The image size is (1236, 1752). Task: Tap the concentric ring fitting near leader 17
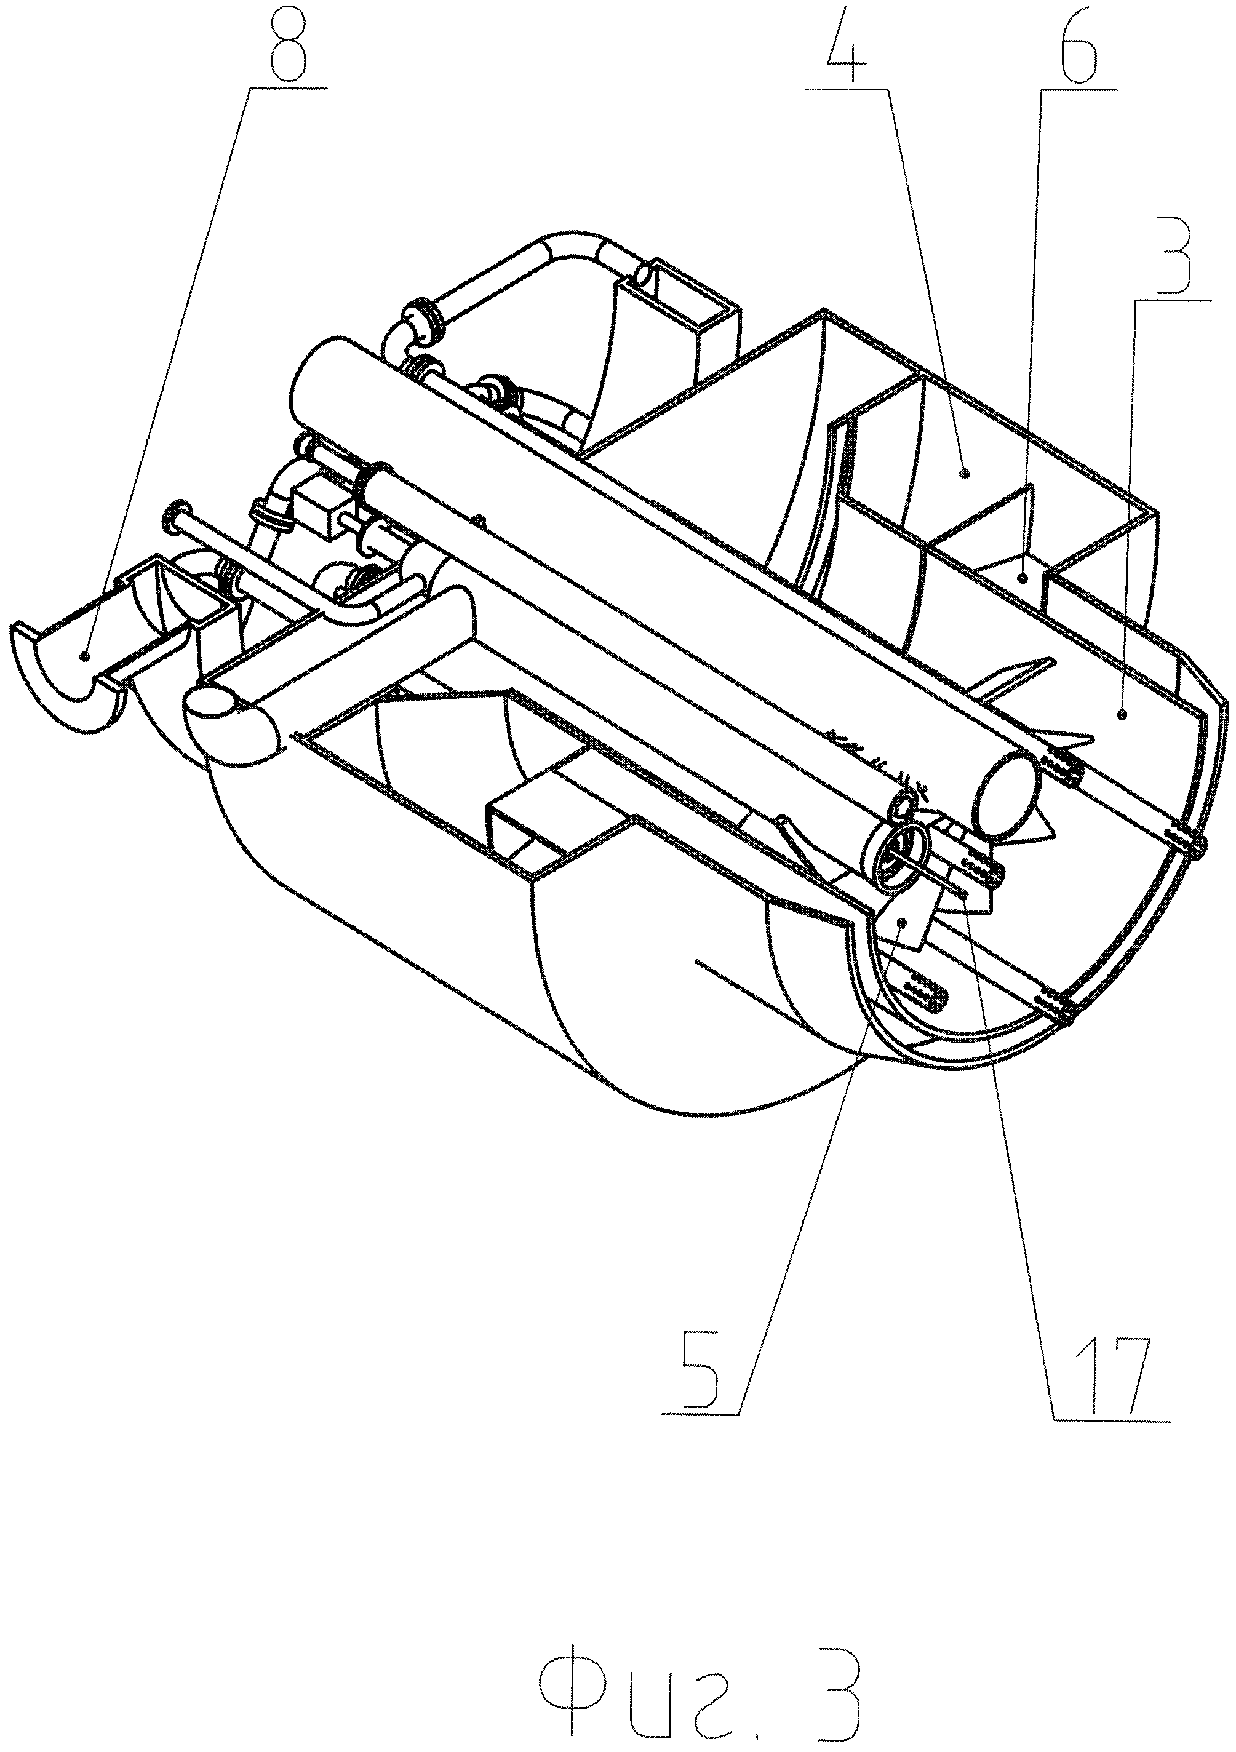tap(899, 858)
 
